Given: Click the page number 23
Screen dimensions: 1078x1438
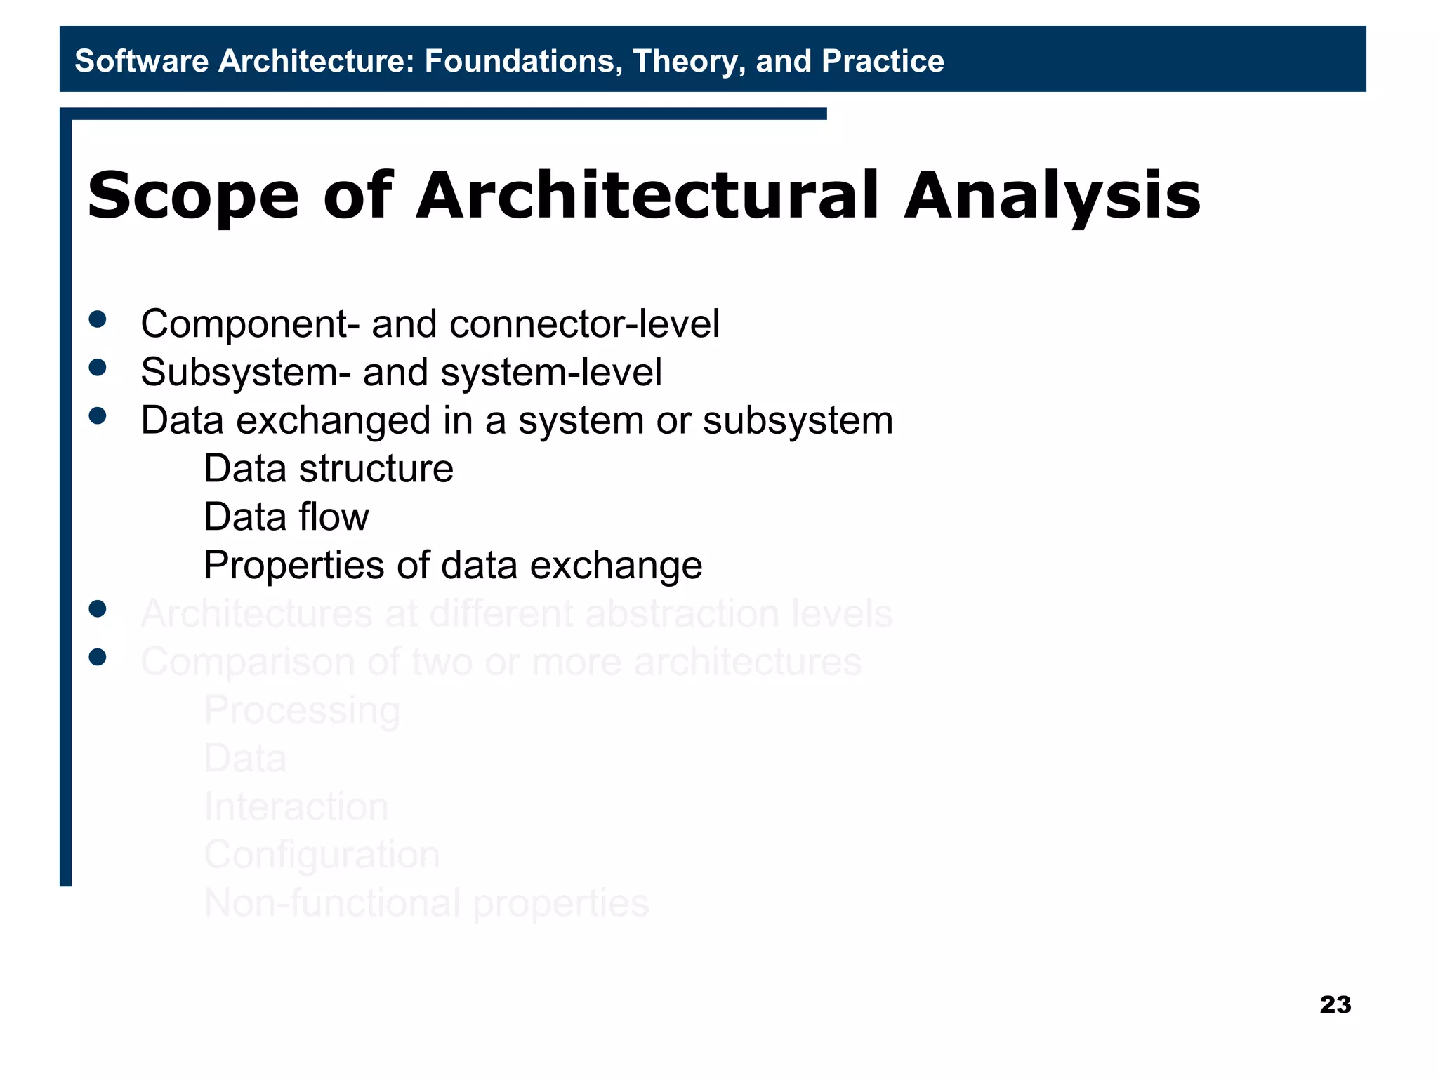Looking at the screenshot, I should click(1335, 1004).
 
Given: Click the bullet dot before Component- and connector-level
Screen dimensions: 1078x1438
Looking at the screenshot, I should click(98, 320).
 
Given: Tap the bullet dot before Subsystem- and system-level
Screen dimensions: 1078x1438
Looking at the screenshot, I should click(98, 368).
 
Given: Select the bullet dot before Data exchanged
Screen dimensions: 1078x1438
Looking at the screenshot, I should click(98, 416).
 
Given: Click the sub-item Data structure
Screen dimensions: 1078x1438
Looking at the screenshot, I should click(328, 469).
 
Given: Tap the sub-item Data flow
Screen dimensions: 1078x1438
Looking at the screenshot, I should click(286, 517).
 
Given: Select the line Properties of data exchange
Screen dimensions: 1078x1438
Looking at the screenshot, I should click(452, 566).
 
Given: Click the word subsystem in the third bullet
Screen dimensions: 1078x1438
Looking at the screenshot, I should click(798, 421).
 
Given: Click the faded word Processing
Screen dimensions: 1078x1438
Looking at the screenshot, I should click(302, 710).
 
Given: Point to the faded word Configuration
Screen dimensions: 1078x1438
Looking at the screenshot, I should click(322, 855).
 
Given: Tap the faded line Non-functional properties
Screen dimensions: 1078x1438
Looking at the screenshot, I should click(426, 903).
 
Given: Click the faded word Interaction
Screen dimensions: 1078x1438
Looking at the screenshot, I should click(296, 806).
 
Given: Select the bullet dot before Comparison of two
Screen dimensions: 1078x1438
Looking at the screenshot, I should click(98, 657).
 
